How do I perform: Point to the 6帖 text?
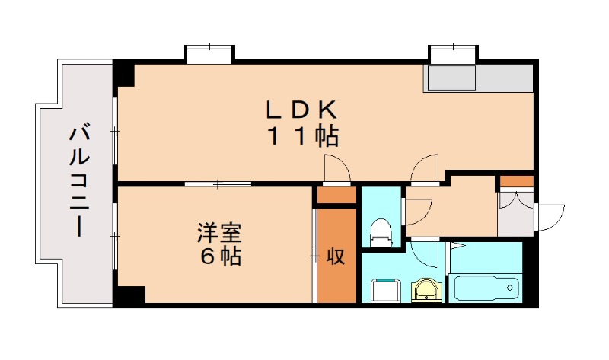pyautogui.click(x=221, y=256)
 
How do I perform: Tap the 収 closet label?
pyautogui.click(x=336, y=256)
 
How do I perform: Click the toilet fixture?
pyautogui.click(x=379, y=232)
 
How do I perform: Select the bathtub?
pyautogui.click(x=486, y=288)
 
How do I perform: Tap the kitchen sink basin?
pyautogui.click(x=450, y=78)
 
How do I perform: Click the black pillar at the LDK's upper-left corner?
pyautogui.click(x=124, y=75)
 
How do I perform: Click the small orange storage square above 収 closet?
pyautogui.click(x=336, y=196)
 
